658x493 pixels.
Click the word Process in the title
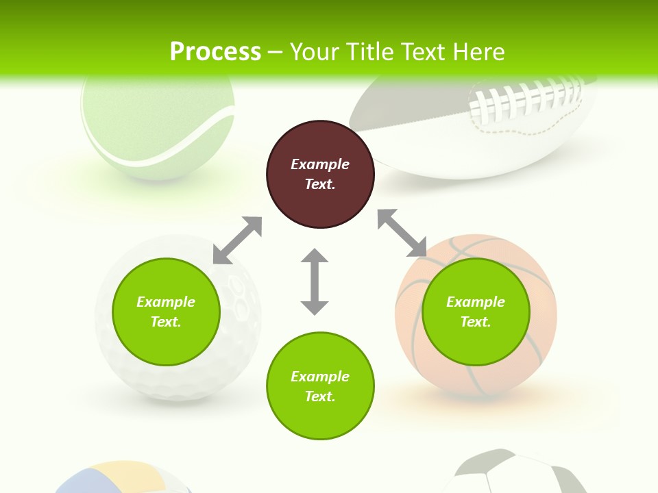coord(215,52)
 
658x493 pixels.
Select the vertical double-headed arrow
coord(315,281)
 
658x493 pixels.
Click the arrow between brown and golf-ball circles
coord(238,240)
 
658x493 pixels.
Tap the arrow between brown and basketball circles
coord(402,233)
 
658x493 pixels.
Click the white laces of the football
coord(528,99)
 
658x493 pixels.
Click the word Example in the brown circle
coord(320,164)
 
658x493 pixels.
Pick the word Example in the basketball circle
coord(476,302)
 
